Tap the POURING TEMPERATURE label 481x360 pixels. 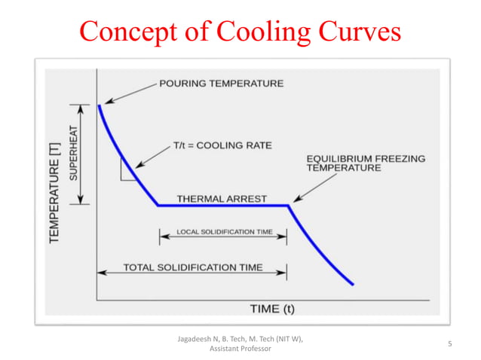point(222,84)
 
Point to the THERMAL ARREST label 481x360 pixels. point(222,199)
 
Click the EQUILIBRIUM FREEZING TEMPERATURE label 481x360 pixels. point(366,163)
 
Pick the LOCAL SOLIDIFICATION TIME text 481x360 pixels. point(224,232)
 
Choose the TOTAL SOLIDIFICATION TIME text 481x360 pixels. point(193,267)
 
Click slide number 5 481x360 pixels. point(449,344)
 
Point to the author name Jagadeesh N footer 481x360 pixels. point(240,340)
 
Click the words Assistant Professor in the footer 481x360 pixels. point(240,349)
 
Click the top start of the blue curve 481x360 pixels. point(100,105)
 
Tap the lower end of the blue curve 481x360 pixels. point(352,284)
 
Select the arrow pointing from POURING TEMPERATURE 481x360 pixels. point(130,93)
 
